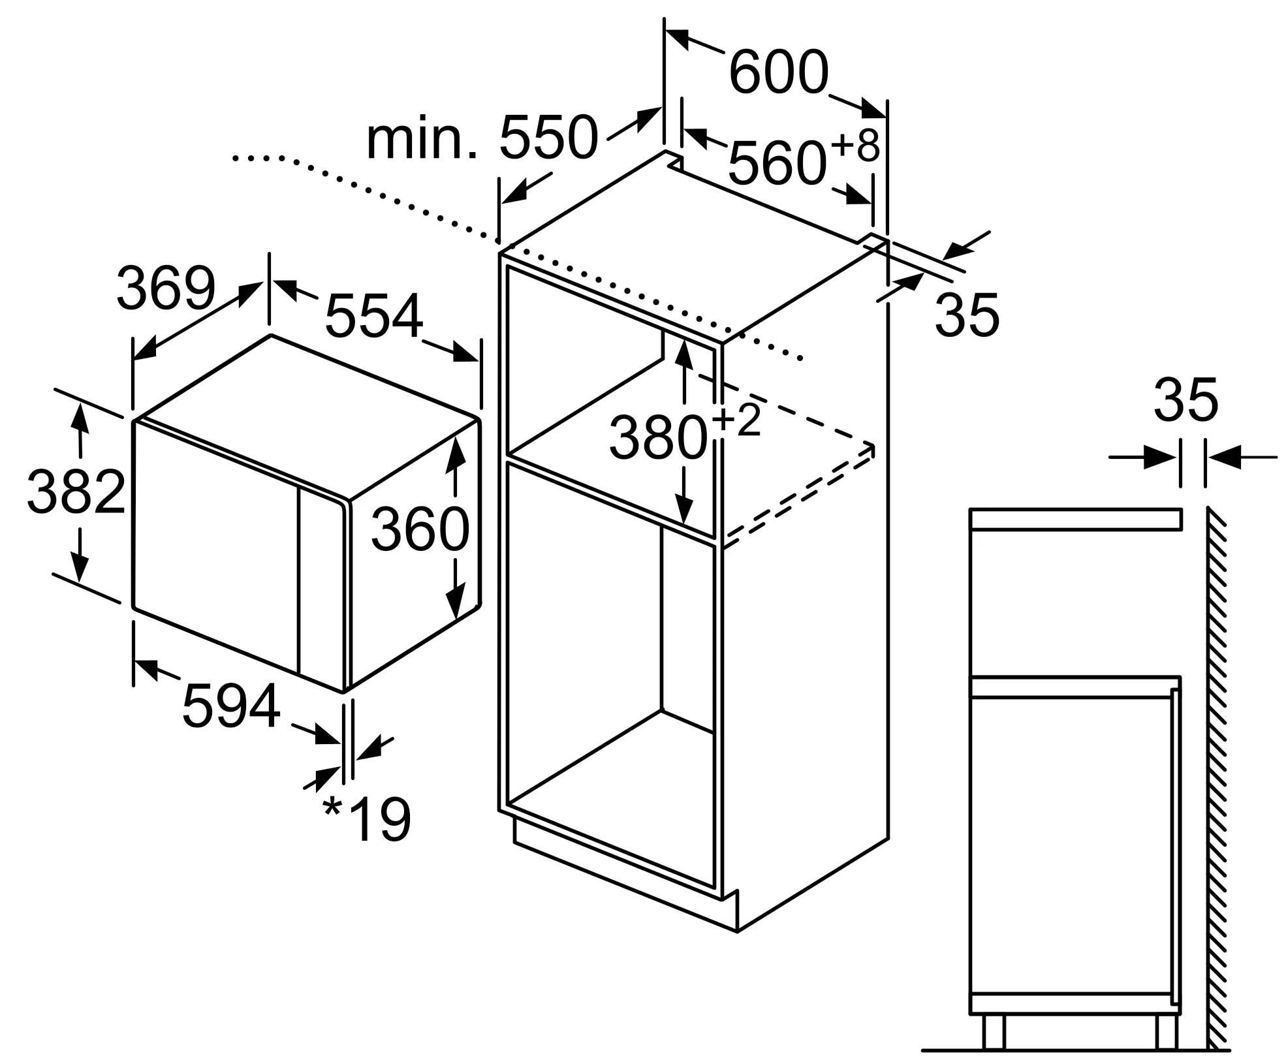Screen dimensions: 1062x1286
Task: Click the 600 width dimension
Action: coord(778,72)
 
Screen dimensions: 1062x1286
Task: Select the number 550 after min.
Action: coord(548,138)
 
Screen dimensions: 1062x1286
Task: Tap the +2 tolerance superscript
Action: coord(737,421)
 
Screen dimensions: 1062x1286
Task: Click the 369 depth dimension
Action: coord(166,288)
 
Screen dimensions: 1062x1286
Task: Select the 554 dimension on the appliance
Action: coord(374,316)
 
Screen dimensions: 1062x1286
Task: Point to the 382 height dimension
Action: coord(76,492)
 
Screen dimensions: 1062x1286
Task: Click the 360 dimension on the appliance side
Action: coord(420,528)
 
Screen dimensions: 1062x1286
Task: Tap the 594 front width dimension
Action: coord(231,706)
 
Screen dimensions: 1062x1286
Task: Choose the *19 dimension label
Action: coord(367,819)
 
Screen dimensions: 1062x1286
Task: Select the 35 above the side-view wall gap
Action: coord(1185,399)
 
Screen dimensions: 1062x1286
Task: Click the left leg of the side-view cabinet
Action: coord(994,1031)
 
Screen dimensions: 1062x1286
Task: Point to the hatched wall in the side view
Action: coord(1218,783)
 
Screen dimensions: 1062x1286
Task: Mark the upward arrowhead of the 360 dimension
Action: coord(455,450)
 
